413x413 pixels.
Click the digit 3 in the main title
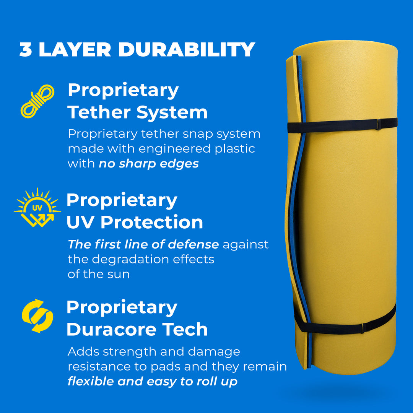point(26,50)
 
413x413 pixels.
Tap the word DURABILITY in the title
point(186,50)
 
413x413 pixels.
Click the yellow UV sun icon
point(37,208)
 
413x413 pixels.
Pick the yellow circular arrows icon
point(37,316)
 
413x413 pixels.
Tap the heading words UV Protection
point(135,222)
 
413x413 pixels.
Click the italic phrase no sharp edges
point(149,164)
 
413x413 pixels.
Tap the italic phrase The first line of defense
point(143,244)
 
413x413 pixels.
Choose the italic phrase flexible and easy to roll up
point(152,381)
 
